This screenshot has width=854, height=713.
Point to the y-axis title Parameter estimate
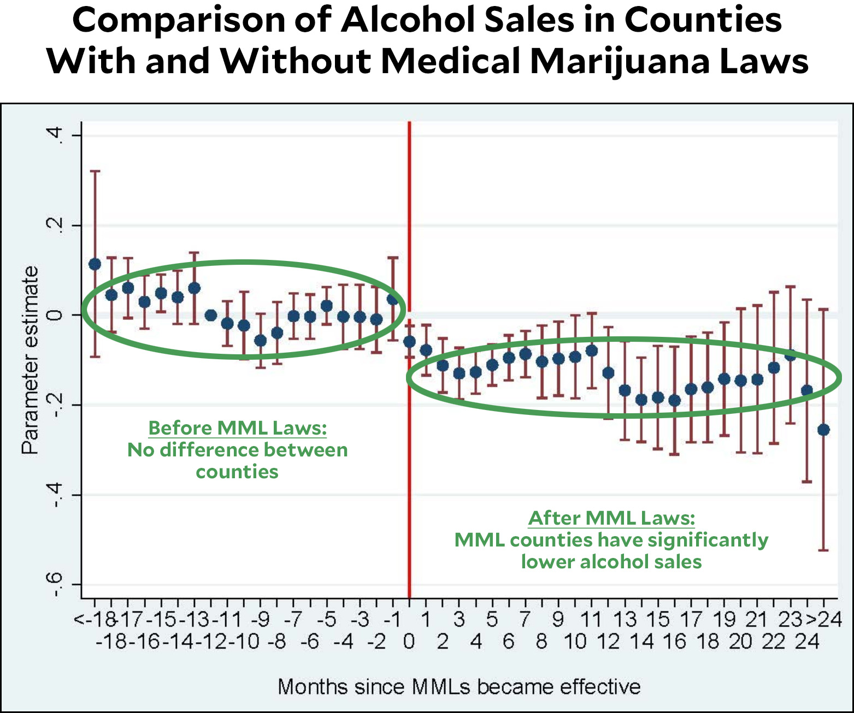click(31, 360)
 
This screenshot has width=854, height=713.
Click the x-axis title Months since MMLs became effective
click(459, 686)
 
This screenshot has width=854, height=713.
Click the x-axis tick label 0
click(409, 641)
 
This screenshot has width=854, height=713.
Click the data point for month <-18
click(95, 264)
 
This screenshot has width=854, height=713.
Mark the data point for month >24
click(823, 430)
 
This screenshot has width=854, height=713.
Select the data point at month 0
click(409, 342)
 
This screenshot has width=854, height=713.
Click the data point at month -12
click(211, 315)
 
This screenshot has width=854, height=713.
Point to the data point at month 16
click(674, 401)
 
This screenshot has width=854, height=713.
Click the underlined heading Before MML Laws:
click(238, 428)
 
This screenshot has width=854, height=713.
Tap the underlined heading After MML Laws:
click(611, 518)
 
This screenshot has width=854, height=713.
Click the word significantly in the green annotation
click(708, 540)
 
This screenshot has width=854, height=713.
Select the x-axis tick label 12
click(608, 641)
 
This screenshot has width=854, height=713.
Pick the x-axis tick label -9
click(261, 619)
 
